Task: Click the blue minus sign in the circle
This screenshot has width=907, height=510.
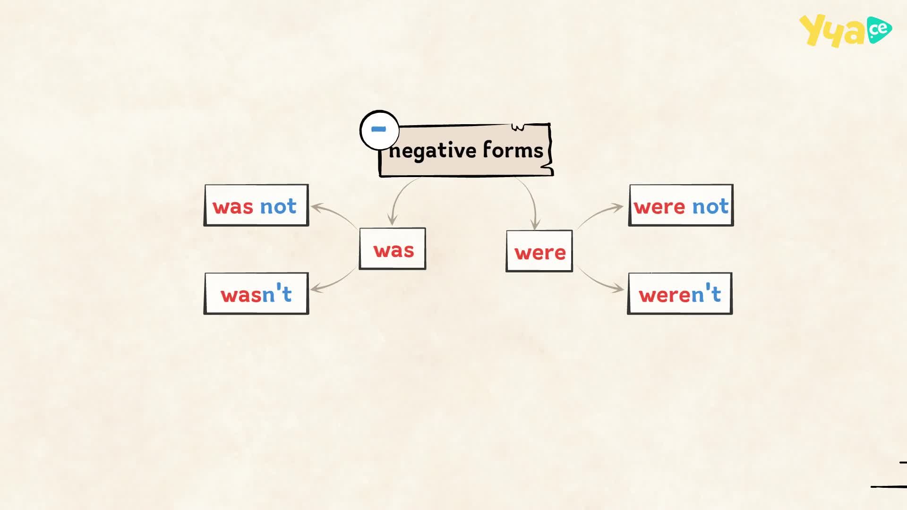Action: [378, 129]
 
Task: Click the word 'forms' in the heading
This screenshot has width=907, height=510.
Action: [513, 150]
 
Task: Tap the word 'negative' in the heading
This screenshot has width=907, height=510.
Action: [433, 151]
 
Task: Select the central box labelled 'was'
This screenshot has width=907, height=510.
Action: [393, 249]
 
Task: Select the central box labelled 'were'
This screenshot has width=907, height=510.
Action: [539, 251]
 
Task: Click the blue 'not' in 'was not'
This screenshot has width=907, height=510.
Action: [278, 206]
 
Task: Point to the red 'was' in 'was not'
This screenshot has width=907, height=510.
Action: [233, 207]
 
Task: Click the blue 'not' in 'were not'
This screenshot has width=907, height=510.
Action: [710, 206]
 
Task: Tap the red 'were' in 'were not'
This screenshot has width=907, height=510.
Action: [659, 207]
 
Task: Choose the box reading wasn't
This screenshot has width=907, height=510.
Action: [257, 294]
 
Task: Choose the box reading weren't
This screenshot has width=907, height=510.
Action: [680, 294]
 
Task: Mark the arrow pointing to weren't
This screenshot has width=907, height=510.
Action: [597, 282]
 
